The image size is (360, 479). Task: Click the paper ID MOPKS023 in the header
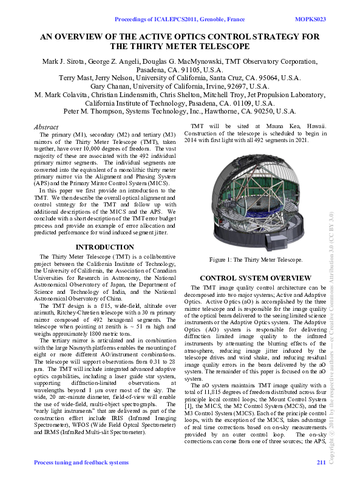(x=310, y=19)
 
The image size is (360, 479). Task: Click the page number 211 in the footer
(x=321, y=463)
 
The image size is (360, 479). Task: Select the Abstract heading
(x=48, y=127)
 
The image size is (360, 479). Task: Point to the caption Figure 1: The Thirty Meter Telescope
(x=256, y=260)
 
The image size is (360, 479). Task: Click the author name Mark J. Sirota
(x=65, y=62)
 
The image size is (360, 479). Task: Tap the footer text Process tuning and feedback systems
(x=81, y=463)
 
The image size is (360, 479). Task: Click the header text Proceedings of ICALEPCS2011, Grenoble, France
(x=179, y=19)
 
